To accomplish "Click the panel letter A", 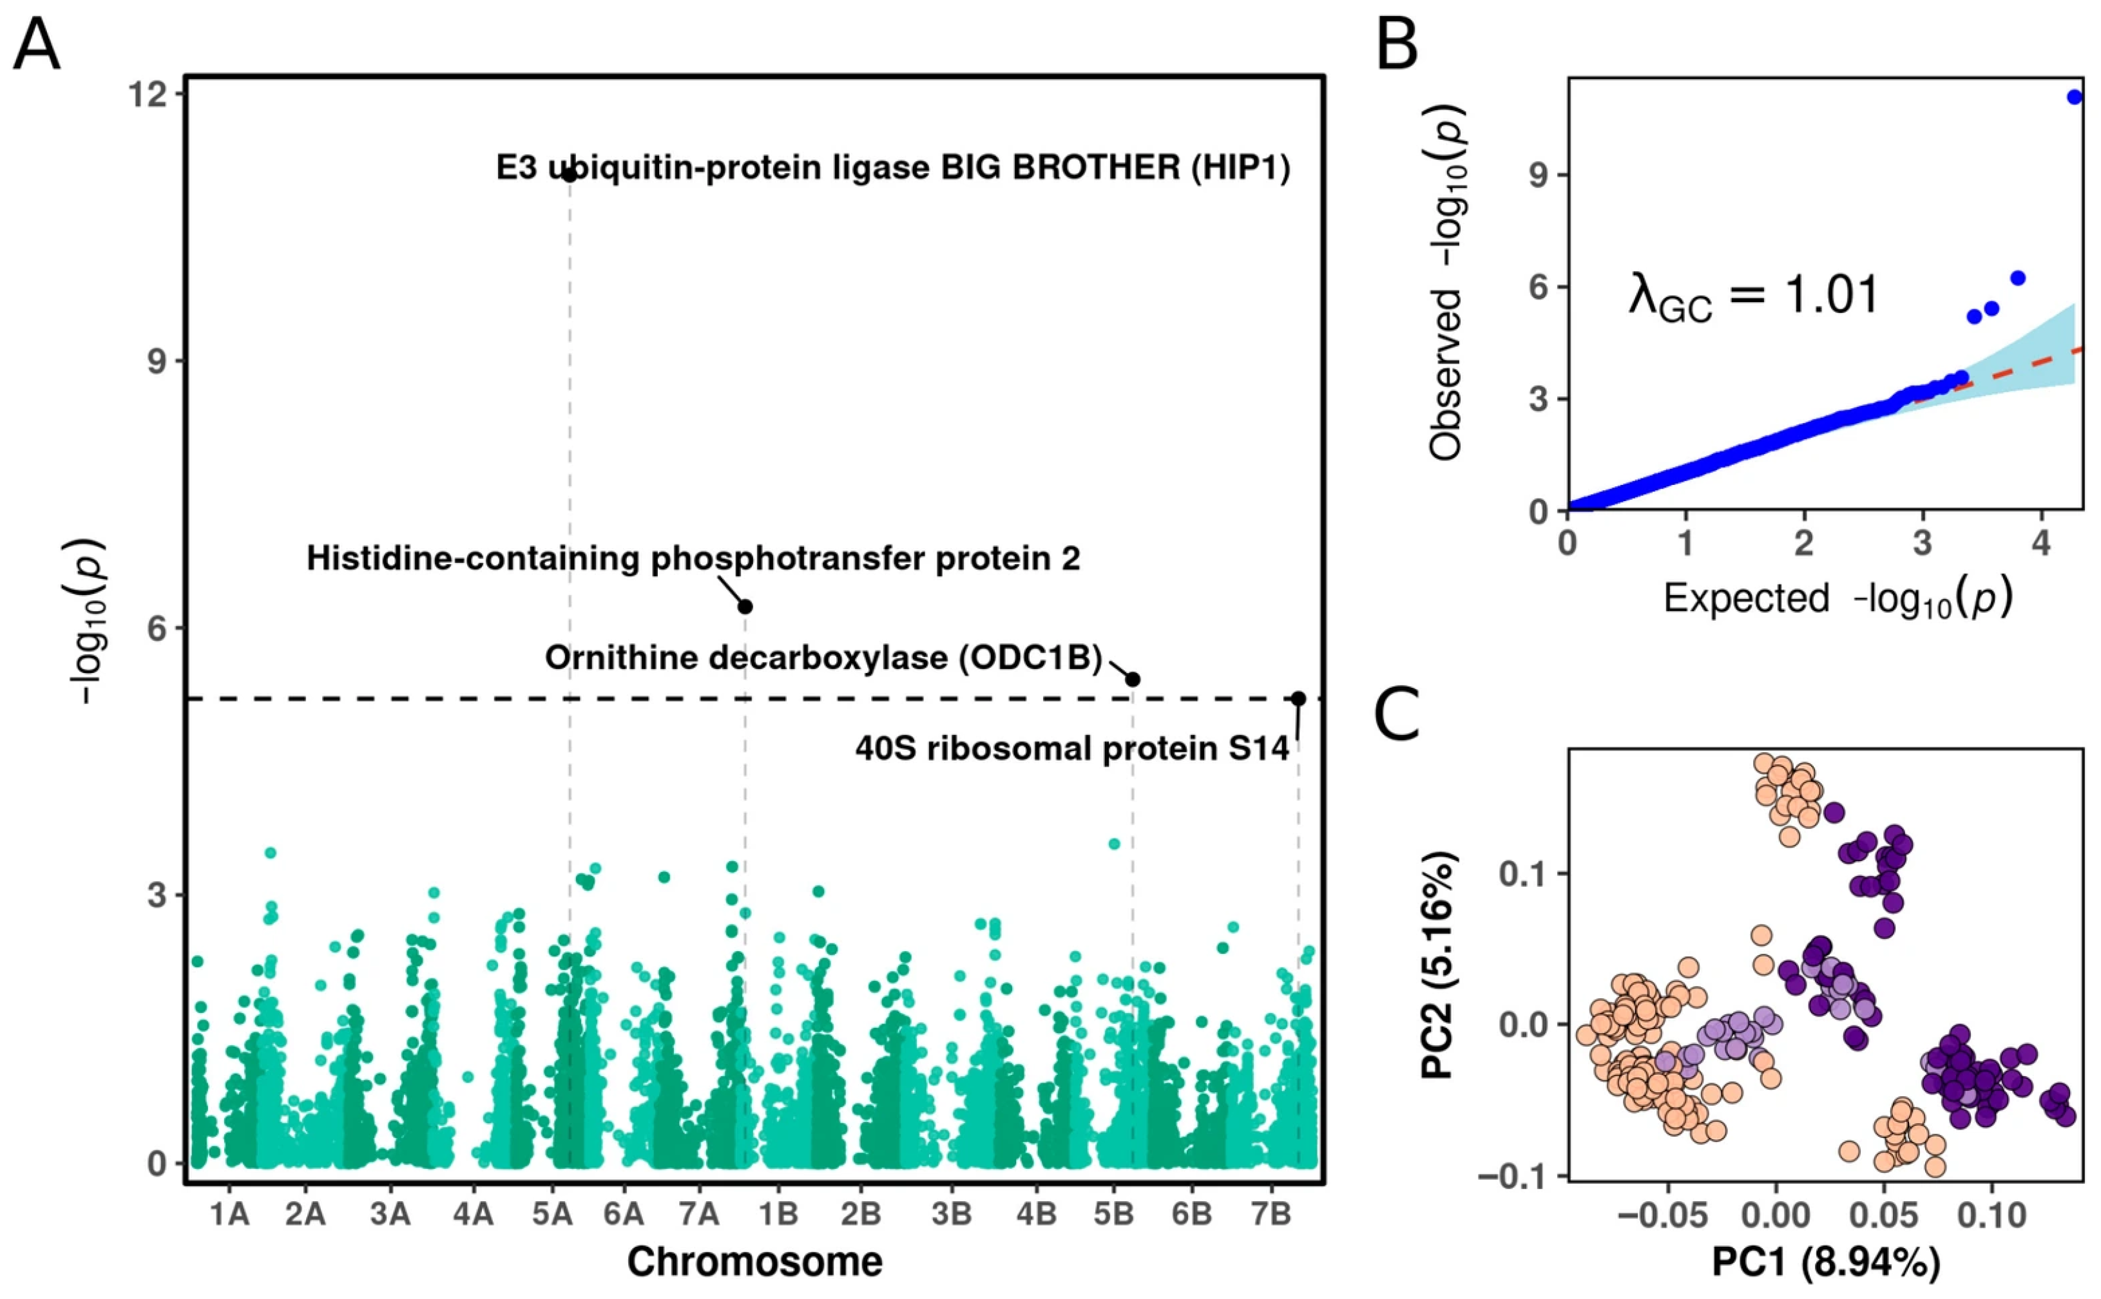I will click(36, 44).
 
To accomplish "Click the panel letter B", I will click(1396, 44).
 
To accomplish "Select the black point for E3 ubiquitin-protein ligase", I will click(569, 175).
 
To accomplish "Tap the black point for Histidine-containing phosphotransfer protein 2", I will click(745, 607).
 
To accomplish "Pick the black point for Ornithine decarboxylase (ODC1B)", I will click(1133, 679).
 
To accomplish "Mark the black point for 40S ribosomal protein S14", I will click(1298, 699).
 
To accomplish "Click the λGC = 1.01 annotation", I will click(1753, 296).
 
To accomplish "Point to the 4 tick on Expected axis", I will click(2041, 543).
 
